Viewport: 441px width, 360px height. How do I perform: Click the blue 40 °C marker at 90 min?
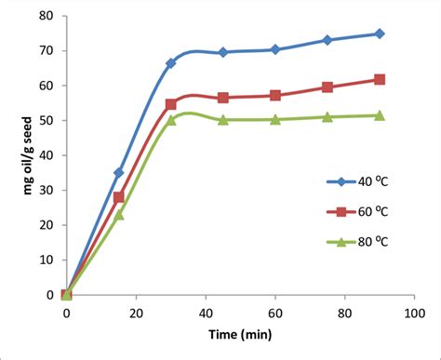pos(380,33)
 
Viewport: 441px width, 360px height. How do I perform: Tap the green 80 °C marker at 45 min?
pos(223,120)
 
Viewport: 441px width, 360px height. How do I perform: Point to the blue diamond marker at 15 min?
pos(118,173)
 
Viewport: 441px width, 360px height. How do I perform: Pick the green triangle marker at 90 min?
pos(380,115)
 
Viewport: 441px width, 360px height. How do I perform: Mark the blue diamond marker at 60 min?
pos(275,49)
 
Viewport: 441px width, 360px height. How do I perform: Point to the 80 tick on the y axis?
pos(48,16)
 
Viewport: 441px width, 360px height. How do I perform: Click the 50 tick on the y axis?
pos(48,121)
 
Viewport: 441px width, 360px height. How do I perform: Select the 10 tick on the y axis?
pos(48,260)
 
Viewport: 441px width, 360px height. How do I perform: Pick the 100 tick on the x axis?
pos(414,314)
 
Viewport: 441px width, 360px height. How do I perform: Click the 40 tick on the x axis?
pos(206,314)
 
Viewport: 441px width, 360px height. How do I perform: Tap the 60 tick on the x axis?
pos(275,314)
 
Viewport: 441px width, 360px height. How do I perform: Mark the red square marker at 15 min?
pos(118,197)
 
